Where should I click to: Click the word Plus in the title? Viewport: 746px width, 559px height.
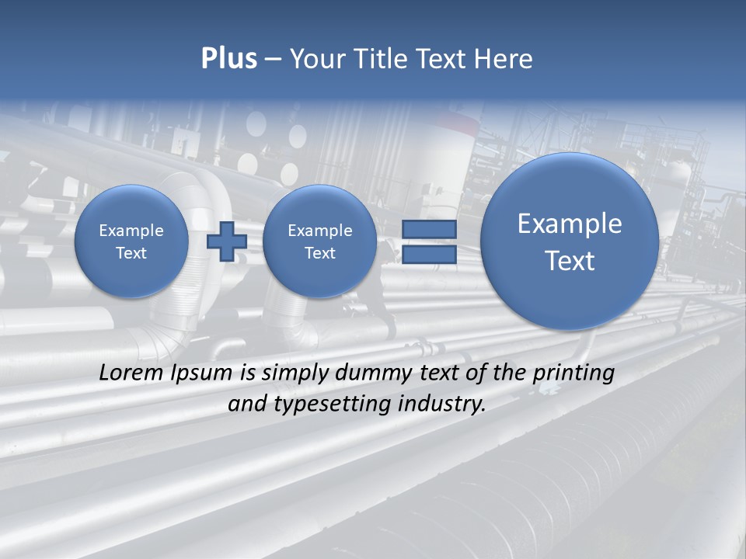(228, 59)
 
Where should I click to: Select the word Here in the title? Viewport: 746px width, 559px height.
(506, 59)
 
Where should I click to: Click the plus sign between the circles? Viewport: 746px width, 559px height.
(227, 241)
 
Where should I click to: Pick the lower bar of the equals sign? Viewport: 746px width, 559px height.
(429, 255)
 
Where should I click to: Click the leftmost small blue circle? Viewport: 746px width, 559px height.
(131, 241)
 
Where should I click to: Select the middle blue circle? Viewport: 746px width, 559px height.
(319, 241)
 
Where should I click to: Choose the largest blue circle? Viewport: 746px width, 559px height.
(570, 241)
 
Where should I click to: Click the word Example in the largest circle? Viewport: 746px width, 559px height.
(570, 224)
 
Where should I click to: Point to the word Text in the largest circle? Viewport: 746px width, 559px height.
(570, 261)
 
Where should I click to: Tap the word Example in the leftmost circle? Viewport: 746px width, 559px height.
(131, 231)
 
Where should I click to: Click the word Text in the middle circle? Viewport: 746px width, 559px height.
(319, 253)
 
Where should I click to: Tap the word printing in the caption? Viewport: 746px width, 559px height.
(573, 373)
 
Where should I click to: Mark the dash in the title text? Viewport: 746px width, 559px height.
(273, 60)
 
